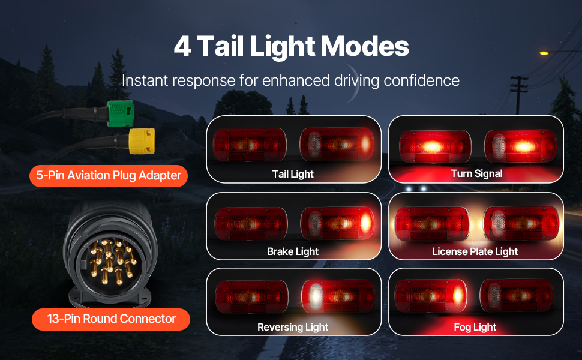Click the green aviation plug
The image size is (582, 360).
[120, 113]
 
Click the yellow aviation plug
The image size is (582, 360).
[142, 141]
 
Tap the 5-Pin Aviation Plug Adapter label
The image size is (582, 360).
[109, 176]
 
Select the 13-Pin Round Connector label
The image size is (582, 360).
[111, 319]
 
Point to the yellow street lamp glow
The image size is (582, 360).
[544, 53]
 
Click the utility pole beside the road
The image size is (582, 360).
[518, 95]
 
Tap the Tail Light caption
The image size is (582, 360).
[293, 174]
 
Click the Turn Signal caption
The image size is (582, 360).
[476, 173]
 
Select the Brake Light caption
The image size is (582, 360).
[293, 251]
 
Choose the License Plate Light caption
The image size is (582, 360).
[475, 251]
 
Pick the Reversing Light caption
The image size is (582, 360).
[293, 327]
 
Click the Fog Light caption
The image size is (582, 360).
[475, 327]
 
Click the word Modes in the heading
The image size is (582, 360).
[364, 46]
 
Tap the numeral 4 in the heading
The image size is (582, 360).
[182, 46]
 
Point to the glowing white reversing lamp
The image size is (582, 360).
[315, 296]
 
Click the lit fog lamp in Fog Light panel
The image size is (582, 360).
[458, 296]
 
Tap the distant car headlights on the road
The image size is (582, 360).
[416, 189]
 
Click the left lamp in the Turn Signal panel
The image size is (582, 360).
[436, 146]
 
